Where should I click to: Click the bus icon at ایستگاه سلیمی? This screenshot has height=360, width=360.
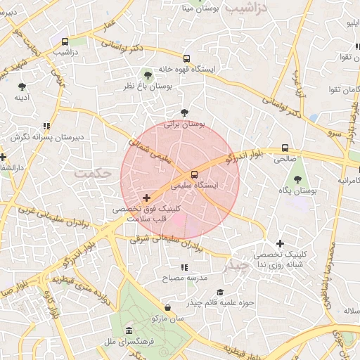tap(195, 174)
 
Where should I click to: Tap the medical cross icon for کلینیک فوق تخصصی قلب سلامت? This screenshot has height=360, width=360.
tap(146, 198)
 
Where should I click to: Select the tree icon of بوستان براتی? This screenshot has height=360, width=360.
tap(184, 112)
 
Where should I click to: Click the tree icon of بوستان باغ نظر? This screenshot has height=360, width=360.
tap(147, 75)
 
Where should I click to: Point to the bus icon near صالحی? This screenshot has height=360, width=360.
tap(285, 148)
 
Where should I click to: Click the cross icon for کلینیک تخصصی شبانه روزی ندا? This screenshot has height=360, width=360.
tap(280, 243)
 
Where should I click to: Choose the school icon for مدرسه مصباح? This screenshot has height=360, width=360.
tap(184, 268)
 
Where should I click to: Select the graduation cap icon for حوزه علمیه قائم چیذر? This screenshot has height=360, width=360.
tap(220, 292)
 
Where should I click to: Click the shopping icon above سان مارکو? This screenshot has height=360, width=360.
tap(167, 307)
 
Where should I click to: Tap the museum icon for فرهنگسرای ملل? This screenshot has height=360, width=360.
tap(128, 330)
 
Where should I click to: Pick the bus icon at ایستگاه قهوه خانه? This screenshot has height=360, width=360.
tap(186, 59)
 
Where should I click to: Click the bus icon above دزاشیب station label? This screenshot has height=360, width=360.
tap(65, 41)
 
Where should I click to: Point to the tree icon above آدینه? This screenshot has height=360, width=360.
tap(22, 86)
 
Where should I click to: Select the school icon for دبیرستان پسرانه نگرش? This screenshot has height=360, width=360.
tap(46, 127)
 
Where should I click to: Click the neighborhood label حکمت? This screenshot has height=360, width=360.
tap(94, 172)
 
